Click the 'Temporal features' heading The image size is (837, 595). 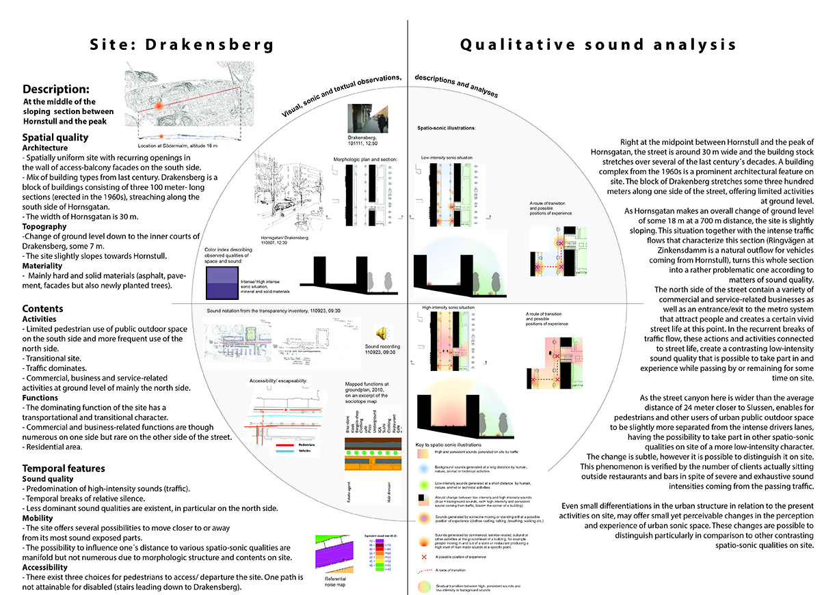click(x=64, y=468)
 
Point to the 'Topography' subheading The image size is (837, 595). click(x=44, y=225)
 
